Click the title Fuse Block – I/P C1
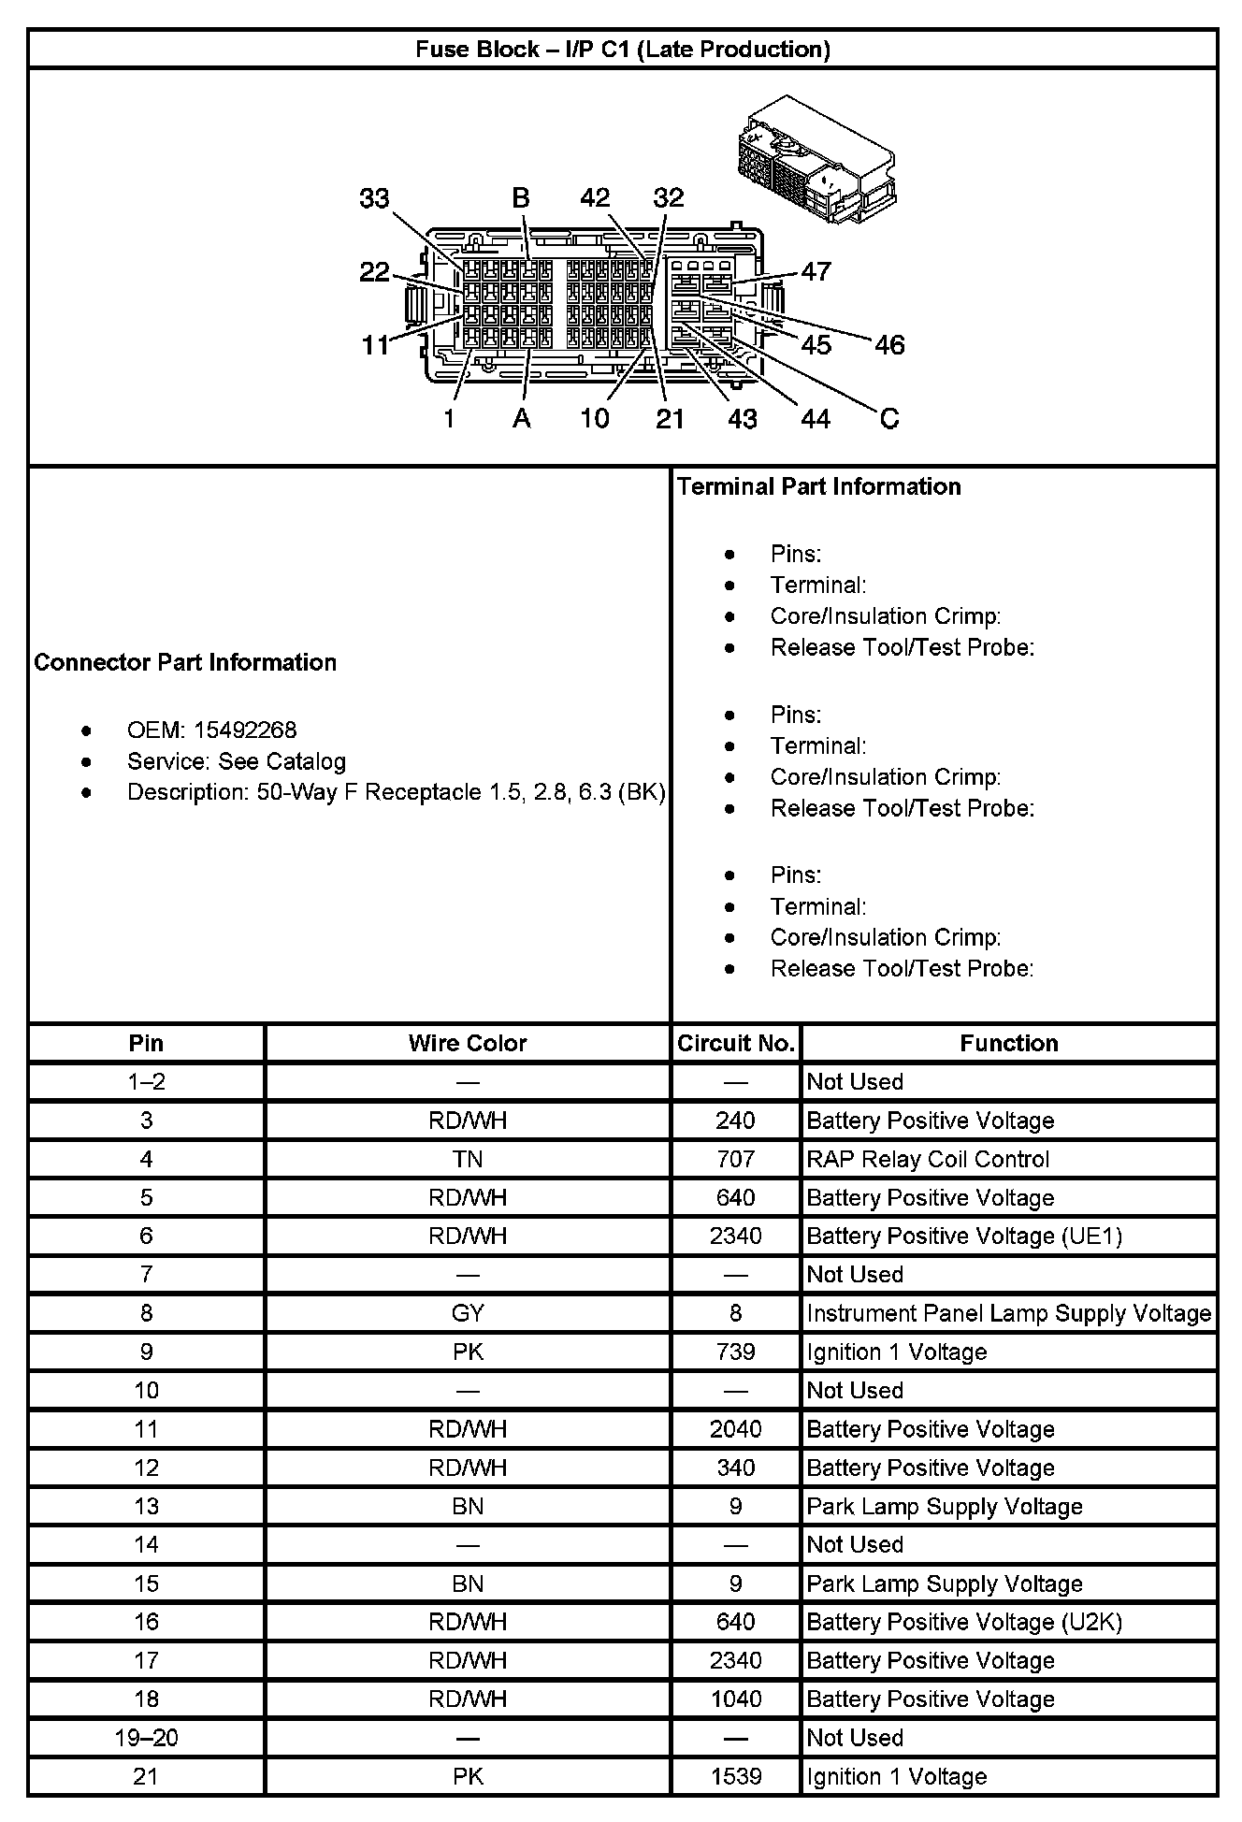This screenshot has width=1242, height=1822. (x=623, y=49)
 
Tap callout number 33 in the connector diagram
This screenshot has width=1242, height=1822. (x=374, y=198)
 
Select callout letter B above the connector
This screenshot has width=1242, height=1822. (x=521, y=198)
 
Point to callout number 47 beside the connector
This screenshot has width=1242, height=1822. (x=816, y=271)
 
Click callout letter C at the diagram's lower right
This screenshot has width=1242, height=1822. (x=889, y=418)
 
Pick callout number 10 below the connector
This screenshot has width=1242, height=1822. (x=595, y=418)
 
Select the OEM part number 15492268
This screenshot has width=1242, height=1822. (x=245, y=730)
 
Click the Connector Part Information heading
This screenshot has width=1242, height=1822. (x=185, y=662)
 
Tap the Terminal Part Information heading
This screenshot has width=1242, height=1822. (x=818, y=486)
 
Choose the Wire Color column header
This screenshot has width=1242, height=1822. (x=468, y=1043)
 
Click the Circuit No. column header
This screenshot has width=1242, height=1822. (x=736, y=1043)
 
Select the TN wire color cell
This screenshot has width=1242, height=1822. (x=468, y=1159)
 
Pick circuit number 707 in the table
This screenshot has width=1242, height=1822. (x=736, y=1159)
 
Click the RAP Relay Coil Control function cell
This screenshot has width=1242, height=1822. (x=928, y=1159)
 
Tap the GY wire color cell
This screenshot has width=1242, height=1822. (x=468, y=1313)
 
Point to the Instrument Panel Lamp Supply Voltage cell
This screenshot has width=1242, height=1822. (x=1008, y=1313)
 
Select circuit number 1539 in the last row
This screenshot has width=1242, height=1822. (x=736, y=1776)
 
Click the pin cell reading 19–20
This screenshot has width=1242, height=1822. (x=146, y=1738)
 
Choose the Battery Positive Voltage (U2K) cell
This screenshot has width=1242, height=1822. (x=964, y=1622)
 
